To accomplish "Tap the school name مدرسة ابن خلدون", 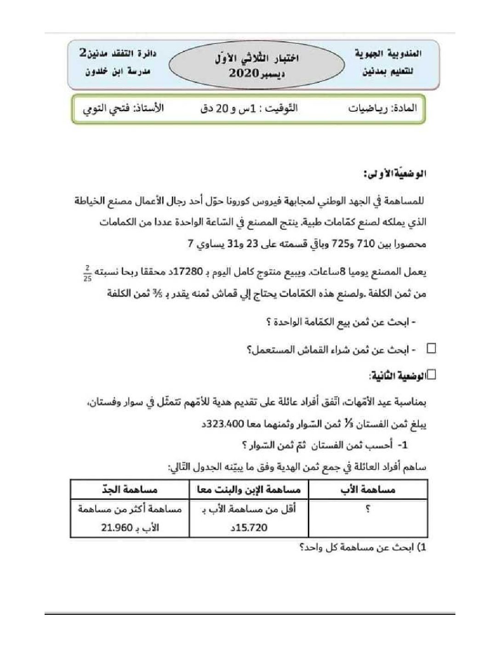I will [119, 73].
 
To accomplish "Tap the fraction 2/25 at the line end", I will [87, 274].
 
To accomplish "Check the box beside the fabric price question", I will [432, 349].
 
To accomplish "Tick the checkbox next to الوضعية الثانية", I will [431, 375].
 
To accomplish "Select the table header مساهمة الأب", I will [368, 490].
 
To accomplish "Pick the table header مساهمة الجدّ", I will [131, 490].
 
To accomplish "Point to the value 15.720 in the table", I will [253, 528].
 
